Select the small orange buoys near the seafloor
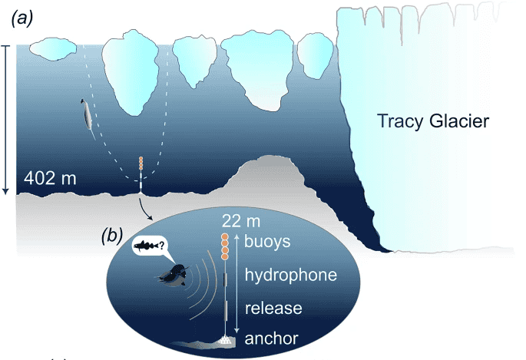point(141,163)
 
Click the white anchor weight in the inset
point(226,338)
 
